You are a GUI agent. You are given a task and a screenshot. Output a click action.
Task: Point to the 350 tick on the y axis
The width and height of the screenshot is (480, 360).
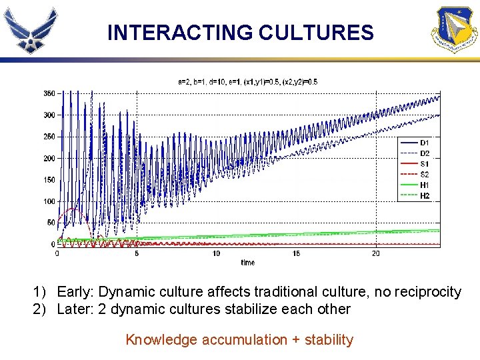(49, 93)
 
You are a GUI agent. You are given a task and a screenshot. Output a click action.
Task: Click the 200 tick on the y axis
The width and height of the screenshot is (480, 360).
(49, 159)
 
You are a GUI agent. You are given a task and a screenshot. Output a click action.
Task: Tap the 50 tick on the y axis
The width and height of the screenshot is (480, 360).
(51, 223)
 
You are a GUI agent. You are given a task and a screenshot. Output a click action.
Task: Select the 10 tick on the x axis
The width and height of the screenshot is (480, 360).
(216, 254)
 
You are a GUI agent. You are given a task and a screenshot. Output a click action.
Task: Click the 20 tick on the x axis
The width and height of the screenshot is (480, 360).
(375, 254)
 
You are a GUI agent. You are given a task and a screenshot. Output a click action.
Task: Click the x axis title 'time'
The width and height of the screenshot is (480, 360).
(247, 263)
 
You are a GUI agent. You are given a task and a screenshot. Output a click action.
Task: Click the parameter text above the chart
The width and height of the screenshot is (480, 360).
(247, 82)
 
